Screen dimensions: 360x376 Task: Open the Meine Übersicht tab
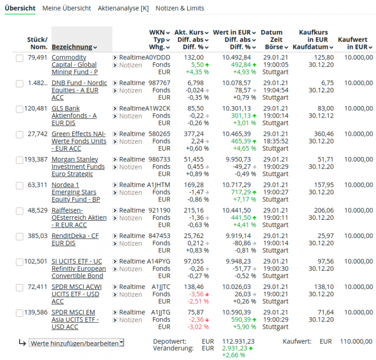click(67, 8)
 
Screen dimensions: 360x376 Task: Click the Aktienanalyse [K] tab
click(123, 8)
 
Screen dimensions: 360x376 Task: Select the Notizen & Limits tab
click(180, 8)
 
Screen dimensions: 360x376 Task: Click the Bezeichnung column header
click(72, 47)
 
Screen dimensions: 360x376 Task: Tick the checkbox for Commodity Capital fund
click(19, 58)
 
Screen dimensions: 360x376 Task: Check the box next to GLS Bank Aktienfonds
click(19, 109)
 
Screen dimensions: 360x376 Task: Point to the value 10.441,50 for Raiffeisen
click(236, 210)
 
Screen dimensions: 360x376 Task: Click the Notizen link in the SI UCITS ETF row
click(130, 269)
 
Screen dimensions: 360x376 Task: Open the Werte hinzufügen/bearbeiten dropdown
click(76, 343)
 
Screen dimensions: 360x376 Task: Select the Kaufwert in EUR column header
click(355, 43)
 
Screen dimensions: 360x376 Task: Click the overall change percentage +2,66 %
click(235, 355)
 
